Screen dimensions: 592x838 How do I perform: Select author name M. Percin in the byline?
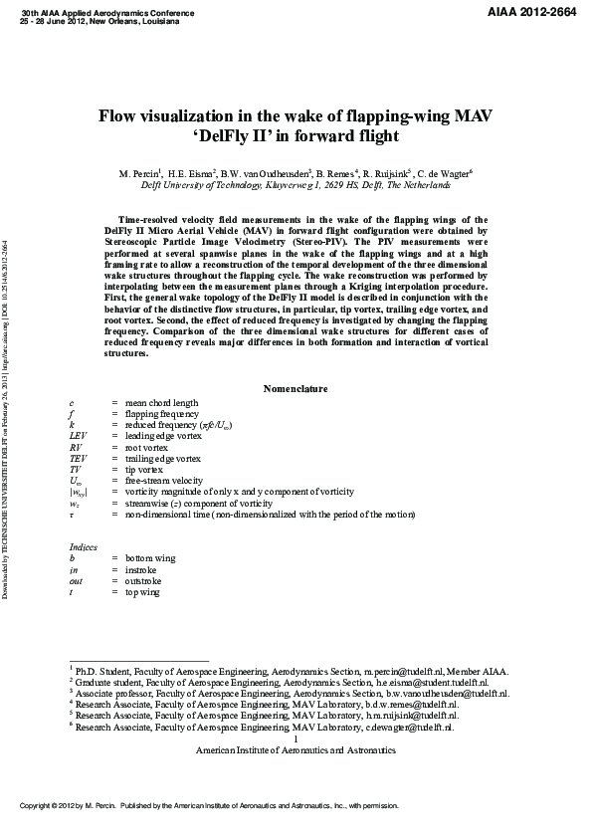click(138, 173)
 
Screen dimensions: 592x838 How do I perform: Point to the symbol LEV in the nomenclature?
click(79, 436)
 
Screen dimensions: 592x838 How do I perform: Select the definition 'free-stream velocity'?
click(162, 481)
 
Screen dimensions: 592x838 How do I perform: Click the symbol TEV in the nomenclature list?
click(79, 459)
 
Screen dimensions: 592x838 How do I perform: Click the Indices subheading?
click(84, 547)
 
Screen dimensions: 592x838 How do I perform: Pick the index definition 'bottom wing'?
click(150, 559)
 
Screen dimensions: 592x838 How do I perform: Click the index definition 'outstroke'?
click(145, 581)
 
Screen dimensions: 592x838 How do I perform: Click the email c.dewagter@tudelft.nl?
click(412, 728)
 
